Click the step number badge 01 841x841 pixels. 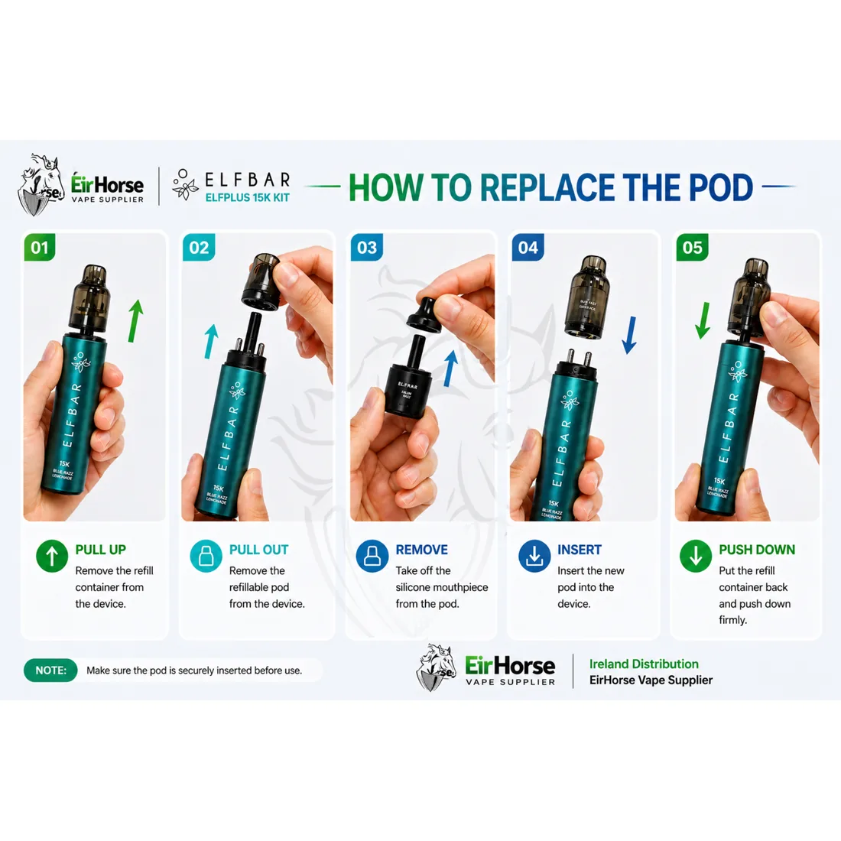[40, 248]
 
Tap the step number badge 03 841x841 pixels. [367, 248]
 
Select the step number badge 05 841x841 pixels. [692, 248]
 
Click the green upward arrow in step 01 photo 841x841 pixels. [135, 320]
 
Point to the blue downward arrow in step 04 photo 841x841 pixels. [628, 335]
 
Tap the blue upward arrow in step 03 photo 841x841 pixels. [450, 369]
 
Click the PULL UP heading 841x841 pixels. [100, 550]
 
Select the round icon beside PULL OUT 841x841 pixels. [206, 556]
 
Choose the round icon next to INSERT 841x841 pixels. [534, 556]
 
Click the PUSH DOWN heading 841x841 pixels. [756, 550]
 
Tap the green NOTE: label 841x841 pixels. [50, 671]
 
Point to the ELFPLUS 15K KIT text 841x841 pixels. [247, 197]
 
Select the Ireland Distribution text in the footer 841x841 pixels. [643, 664]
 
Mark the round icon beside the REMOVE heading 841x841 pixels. [372, 556]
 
